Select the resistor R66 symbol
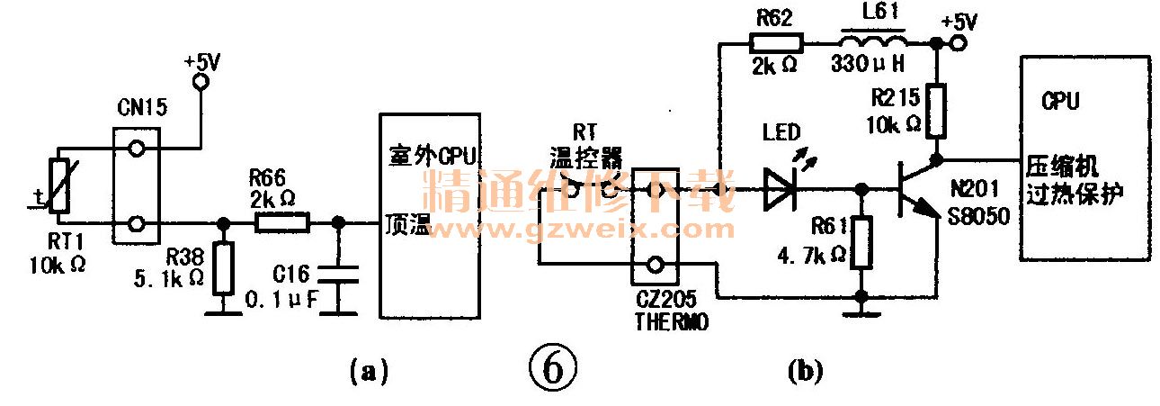283,221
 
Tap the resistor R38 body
222,267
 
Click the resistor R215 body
936,110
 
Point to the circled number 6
551,366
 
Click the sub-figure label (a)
367,369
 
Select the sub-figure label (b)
804,369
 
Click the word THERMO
670,321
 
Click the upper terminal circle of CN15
137,149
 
